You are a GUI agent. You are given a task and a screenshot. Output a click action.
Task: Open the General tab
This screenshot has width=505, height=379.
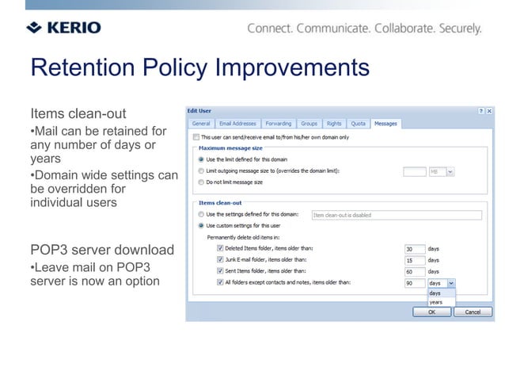pyautogui.click(x=201, y=124)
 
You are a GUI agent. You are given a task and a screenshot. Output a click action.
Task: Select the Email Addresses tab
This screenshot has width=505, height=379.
pyautogui.click(x=237, y=124)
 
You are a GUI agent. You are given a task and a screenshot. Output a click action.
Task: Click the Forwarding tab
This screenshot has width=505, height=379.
pyautogui.click(x=278, y=124)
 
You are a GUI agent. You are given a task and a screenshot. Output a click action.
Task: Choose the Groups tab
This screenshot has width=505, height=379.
pyautogui.click(x=309, y=124)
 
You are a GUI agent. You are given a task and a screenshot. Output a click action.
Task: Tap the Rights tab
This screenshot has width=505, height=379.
pyautogui.click(x=333, y=124)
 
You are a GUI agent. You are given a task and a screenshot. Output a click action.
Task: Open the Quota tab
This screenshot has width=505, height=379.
pyautogui.click(x=358, y=124)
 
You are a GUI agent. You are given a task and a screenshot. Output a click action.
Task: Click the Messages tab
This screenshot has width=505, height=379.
pyautogui.click(x=385, y=124)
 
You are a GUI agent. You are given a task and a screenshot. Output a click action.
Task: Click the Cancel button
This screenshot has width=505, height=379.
pyautogui.click(x=472, y=312)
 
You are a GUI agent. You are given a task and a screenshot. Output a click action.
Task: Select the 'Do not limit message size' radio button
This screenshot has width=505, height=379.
pyautogui.click(x=200, y=182)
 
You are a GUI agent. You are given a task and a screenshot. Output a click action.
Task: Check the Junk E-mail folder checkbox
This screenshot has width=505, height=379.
pyautogui.click(x=220, y=259)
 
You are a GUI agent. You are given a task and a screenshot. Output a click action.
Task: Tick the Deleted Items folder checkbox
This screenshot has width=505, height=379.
pyautogui.click(x=220, y=248)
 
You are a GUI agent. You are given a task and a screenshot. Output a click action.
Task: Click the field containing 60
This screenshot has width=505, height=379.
pyautogui.click(x=414, y=271)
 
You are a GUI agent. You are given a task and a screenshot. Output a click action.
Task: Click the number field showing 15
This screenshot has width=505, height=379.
pyautogui.click(x=414, y=260)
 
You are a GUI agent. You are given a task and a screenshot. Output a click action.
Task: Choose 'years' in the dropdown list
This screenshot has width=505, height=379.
pyautogui.click(x=436, y=302)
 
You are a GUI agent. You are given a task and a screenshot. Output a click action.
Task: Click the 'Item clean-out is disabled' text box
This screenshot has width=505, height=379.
pyautogui.click(x=396, y=215)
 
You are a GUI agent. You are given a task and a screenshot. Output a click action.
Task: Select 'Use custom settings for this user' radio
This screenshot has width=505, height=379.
pyautogui.click(x=200, y=225)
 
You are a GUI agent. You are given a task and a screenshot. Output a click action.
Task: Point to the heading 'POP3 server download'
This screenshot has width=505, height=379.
pyautogui.click(x=102, y=251)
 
